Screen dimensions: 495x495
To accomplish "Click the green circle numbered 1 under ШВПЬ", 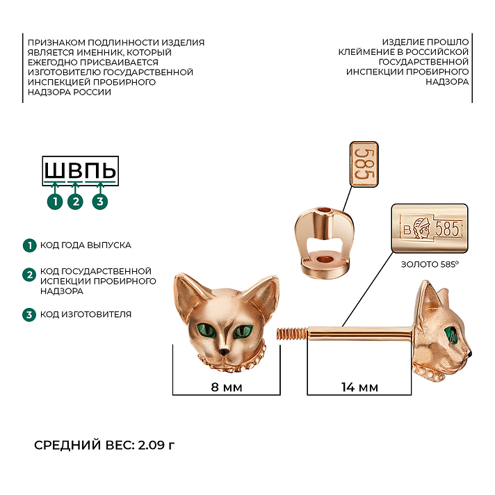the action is [x=55, y=202].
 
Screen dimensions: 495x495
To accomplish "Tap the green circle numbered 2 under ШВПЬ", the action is [x=76, y=202].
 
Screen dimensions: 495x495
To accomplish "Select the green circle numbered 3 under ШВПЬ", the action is [x=99, y=202].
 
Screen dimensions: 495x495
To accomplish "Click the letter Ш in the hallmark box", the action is [x=55, y=171].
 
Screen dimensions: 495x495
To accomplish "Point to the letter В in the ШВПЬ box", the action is [x=75, y=171].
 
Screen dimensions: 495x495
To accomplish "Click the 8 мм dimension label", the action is [x=227, y=387].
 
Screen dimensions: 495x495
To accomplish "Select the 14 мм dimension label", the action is [x=359, y=387].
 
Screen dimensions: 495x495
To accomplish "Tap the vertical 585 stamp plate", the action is [x=364, y=164].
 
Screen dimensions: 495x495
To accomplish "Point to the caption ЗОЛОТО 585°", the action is [x=430, y=264].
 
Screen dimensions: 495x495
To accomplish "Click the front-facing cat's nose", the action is [x=225, y=351].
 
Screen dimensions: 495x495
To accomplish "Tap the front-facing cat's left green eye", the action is [x=206, y=330].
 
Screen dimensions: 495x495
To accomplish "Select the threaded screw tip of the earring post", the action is [x=292, y=334].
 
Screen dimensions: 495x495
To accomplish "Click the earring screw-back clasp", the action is [x=324, y=241].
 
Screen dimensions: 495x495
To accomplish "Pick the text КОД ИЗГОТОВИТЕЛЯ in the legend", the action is [x=86, y=314].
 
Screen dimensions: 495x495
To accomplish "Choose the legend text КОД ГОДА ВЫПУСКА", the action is [x=86, y=245].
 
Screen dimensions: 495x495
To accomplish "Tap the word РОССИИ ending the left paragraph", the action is [x=92, y=92].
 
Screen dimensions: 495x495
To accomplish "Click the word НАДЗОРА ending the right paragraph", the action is [x=447, y=82].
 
